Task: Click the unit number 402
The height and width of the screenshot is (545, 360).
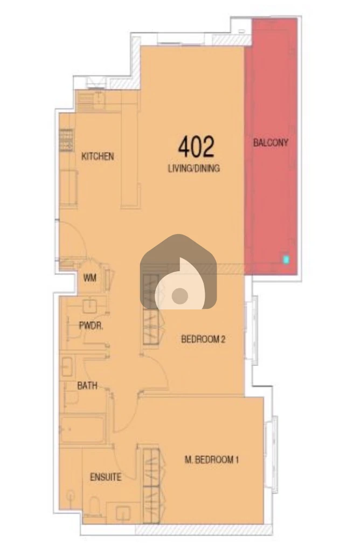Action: [196, 147]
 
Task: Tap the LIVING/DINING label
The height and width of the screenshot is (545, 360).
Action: [194, 169]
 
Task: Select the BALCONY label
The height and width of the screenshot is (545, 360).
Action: [271, 142]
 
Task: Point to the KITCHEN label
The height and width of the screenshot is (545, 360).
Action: [98, 156]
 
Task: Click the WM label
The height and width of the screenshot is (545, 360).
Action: [89, 278]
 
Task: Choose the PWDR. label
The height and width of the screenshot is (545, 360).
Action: [91, 326]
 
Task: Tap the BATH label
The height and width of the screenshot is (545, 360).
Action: [87, 385]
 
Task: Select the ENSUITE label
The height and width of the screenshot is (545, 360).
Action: [106, 477]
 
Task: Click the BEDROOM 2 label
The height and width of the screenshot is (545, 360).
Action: [203, 339]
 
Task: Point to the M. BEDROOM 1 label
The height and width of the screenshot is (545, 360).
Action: [211, 460]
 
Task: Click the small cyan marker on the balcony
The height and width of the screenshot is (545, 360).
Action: [286, 259]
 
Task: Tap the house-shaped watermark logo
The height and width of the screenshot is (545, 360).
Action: [178, 272]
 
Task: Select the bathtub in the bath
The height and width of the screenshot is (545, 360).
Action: [82, 429]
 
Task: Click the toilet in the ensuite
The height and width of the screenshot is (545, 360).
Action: [94, 506]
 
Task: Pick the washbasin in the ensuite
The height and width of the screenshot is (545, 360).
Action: [123, 512]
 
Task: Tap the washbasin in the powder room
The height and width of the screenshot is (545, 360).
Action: [89, 306]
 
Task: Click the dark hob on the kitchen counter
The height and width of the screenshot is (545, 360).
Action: [66, 140]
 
